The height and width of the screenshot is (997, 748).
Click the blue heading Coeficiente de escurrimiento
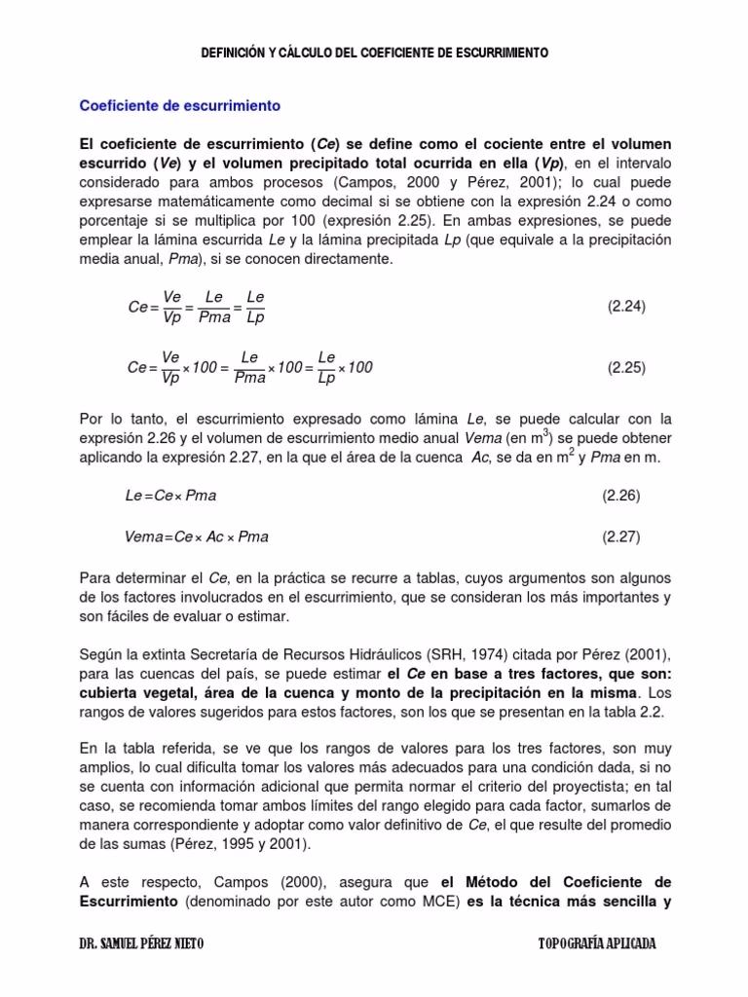coord(179,104)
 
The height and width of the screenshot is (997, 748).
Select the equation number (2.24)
coord(626,307)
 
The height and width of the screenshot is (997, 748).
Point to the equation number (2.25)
coord(626,368)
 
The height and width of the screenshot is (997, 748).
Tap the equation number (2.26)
coord(620,496)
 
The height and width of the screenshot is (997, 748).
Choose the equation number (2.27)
coord(620,536)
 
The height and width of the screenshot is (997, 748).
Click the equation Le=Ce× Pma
coord(170,496)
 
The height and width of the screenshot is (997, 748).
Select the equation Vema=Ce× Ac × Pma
coord(197,536)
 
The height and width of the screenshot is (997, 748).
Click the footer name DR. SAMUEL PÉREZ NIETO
coord(141,944)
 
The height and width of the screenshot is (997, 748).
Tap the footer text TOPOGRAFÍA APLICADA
coord(597,944)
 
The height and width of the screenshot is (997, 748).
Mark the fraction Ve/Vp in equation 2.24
coord(171,307)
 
